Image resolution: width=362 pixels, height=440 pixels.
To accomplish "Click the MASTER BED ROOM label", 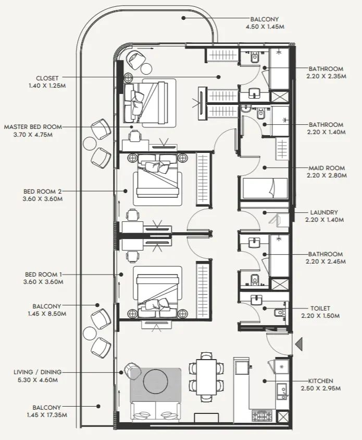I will coord(33,127).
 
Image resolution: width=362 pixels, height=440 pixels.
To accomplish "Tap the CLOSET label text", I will coord(47,78).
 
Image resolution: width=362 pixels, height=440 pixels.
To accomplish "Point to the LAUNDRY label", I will coord(324,212).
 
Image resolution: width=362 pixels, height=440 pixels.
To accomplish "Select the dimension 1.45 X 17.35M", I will coord(47,415).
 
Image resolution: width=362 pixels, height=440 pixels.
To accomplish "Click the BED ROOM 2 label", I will coord(43,192).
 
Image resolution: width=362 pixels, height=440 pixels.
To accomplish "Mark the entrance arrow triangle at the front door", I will coord(299,344).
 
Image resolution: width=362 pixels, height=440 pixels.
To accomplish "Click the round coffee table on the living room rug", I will coord(155,381).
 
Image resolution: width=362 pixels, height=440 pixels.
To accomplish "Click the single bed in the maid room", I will coord(265,188).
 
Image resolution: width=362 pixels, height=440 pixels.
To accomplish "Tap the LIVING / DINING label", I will coord(38,372).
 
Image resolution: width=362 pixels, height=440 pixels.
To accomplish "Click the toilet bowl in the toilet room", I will coord(280,313).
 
